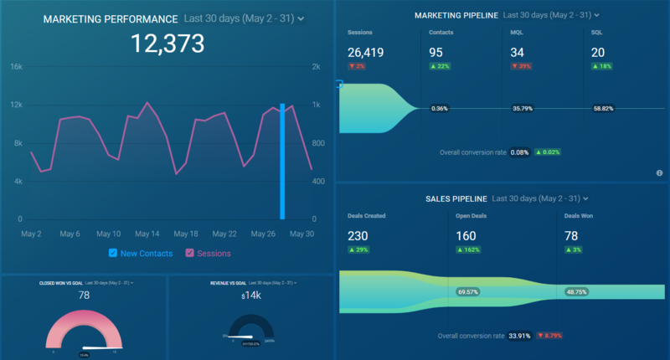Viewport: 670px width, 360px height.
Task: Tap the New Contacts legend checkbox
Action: (x=114, y=253)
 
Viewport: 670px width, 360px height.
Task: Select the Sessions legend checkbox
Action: (x=190, y=253)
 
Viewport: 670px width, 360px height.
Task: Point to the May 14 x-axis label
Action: (x=147, y=234)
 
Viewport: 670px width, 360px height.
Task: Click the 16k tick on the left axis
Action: (x=16, y=66)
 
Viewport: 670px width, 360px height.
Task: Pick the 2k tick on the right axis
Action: (x=316, y=66)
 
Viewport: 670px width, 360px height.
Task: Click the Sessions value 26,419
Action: (x=366, y=54)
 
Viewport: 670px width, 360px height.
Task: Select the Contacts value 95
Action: (x=436, y=54)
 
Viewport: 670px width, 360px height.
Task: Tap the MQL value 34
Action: (x=518, y=54)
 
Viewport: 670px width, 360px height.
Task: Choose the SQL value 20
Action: (x=600, y=54)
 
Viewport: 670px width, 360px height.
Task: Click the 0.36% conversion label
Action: (x=440, y=108)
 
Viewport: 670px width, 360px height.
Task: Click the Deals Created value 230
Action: (x=358, y=236)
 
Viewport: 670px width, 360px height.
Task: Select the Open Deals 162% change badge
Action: (x=470, y=250)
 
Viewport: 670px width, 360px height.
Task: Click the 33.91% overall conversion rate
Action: (x=519, y=336)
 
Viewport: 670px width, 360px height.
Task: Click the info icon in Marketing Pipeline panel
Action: (x=660, y=172)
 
